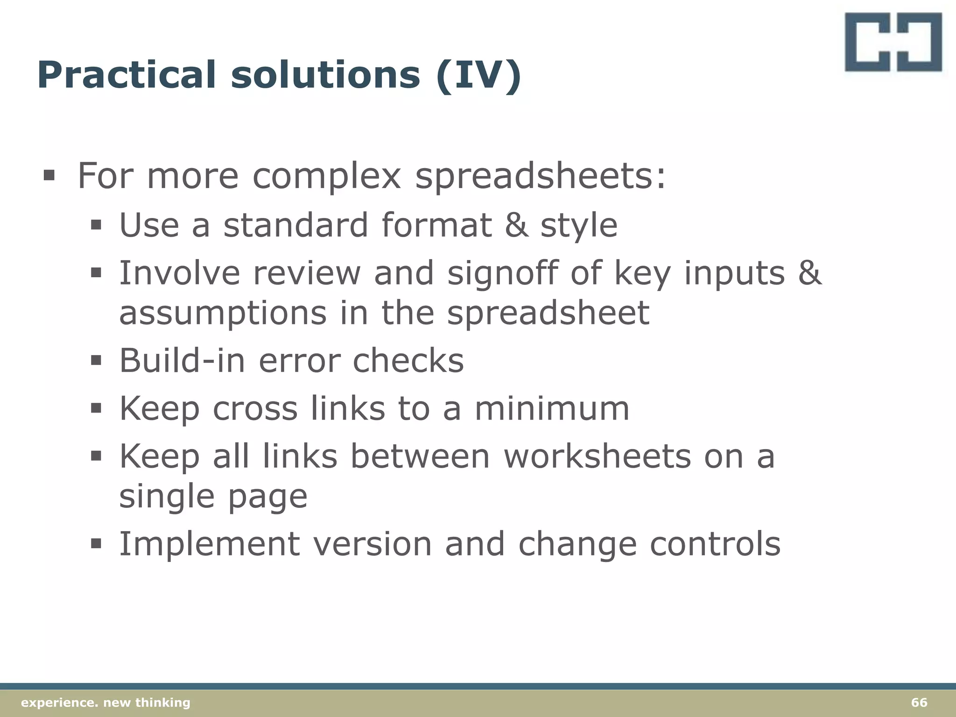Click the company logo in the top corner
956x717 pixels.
click(893, 42)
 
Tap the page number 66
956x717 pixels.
click(919, 703)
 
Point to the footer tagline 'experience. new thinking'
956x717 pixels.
click(106, 703)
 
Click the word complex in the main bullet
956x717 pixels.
click(326, 176)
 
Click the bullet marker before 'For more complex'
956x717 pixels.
click(49, 176)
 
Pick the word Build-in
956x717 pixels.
click(182, 361)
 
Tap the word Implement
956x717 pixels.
click(210, 544)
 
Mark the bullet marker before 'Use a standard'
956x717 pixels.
click(96, 226)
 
